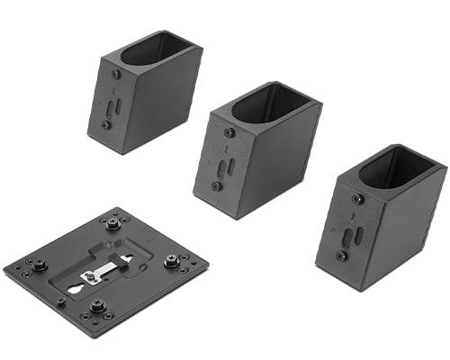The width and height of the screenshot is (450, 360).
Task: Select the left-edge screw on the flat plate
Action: tap(41, 265)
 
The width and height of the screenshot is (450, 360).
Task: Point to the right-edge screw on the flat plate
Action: tap(171, 262)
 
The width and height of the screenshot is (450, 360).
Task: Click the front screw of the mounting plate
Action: tap(97, 306)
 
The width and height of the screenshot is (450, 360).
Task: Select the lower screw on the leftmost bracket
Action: tap(106, 125)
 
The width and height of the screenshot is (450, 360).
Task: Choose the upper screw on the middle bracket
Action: tap(229, 133)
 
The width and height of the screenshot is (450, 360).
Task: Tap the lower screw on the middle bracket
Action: tap(217, 186)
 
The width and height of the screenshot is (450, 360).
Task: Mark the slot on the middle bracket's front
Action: tap(224, 168)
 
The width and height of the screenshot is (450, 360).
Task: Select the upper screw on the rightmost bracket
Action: tap(358, 199)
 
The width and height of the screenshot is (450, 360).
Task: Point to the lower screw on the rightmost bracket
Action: tap(341, 256)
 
